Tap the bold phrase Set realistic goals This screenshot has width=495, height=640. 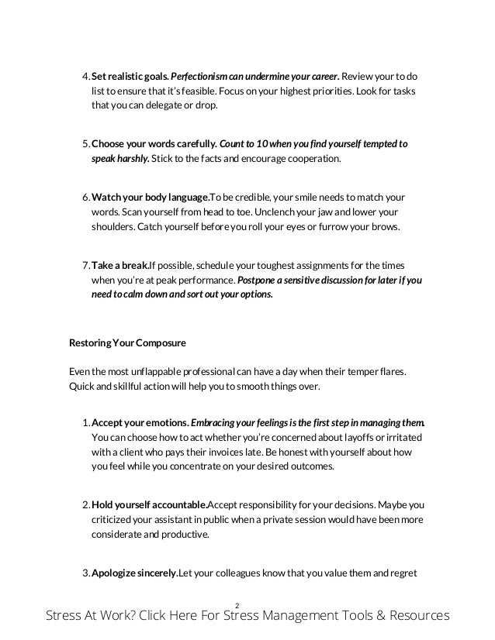point(129,78)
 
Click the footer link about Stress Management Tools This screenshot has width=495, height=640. point(247,617)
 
